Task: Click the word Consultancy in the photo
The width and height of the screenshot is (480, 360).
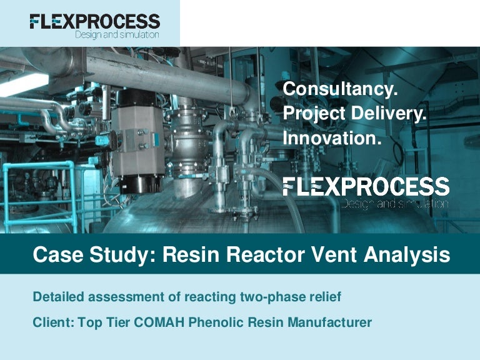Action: click(340, 90)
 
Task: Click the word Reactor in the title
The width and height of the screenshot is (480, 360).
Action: click(267, 255)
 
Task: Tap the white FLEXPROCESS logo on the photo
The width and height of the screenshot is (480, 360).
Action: click(366, 186)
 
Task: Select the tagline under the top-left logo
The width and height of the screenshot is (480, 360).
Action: click(117, 35)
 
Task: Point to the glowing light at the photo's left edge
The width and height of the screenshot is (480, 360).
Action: click(22, 85)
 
